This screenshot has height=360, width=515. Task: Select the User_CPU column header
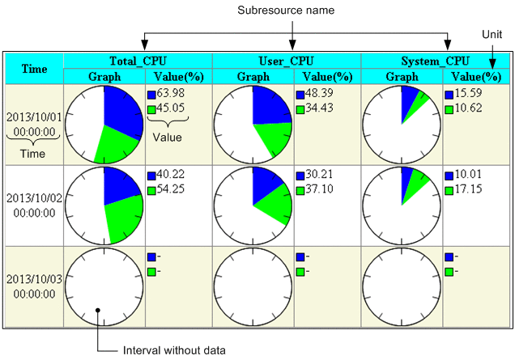[x=287, y=61]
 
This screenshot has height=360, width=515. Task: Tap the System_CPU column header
[x=436, y=61]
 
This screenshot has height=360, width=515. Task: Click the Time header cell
[x=34, y=69]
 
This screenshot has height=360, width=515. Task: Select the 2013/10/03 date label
[x=34, y=279]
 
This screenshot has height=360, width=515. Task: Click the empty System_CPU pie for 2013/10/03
[x=402, y=286]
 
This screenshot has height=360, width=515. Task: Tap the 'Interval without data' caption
[x=172, y=349]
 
